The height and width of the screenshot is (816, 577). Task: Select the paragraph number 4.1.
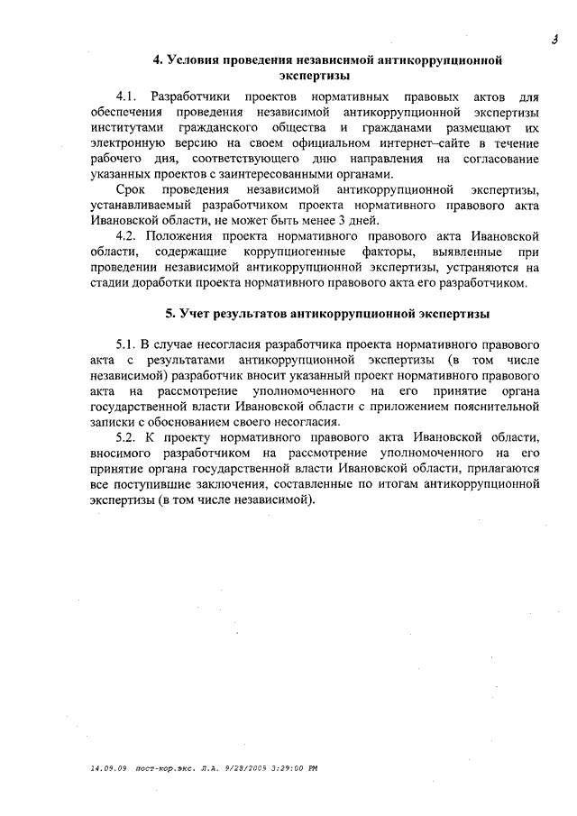coord(129,96)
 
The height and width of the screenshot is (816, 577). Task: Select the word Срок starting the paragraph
coord(131,190)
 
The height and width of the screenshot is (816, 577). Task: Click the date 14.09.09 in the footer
coord(108,769)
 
